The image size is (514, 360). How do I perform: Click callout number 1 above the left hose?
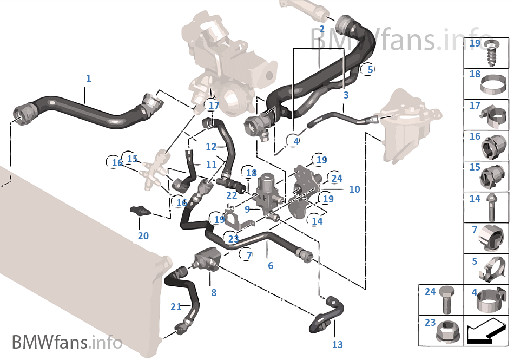[88, 78]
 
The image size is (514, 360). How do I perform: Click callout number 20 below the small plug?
[143, 236]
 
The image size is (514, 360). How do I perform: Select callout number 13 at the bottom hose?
[337, 344]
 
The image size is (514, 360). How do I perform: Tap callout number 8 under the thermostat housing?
[214, 292]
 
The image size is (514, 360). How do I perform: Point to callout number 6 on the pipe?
[271, 266]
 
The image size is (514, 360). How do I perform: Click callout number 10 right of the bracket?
[354, 189]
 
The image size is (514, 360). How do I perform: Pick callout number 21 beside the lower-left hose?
[176, 307]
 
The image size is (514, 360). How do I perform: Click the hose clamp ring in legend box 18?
[493, 84]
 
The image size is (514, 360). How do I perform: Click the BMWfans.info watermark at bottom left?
[67, 342]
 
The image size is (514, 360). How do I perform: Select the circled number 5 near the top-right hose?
[370, 69]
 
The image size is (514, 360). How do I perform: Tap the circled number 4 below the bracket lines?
[296, 142]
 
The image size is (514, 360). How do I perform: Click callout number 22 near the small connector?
[232, 195]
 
